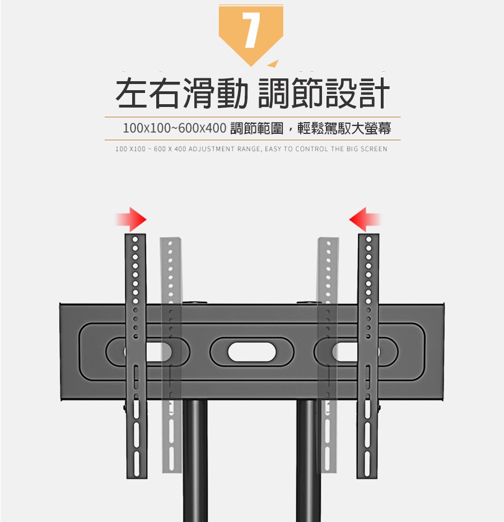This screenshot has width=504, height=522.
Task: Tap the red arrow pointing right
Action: click(131, 220)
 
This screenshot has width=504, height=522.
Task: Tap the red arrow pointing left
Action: click(365, 220)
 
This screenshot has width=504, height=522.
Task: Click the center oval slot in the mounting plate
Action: click(252, 352)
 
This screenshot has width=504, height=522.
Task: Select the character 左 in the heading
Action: click(132, 93)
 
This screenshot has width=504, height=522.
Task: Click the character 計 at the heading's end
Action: click(373, 93)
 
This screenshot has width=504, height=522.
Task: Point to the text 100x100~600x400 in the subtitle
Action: click(174, 128)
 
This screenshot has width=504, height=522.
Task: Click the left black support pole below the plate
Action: click(195, 461)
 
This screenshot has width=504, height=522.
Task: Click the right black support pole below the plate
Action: click(309, 461)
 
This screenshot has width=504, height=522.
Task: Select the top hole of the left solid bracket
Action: click(136, 240)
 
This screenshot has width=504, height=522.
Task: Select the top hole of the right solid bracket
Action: click(368, 239)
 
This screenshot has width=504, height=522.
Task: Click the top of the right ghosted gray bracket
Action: click(328, 239)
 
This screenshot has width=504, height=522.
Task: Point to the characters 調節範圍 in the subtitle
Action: click(256, 128)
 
